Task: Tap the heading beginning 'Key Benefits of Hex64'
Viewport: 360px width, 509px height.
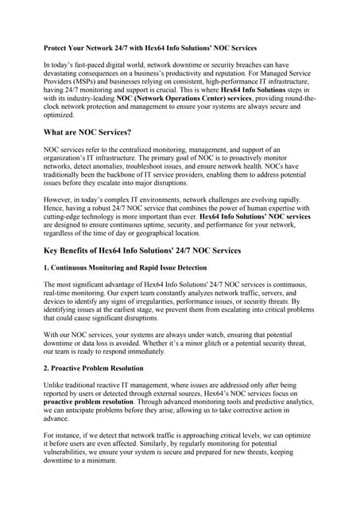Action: point(141,251)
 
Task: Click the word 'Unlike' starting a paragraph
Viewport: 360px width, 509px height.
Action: point(55,385)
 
